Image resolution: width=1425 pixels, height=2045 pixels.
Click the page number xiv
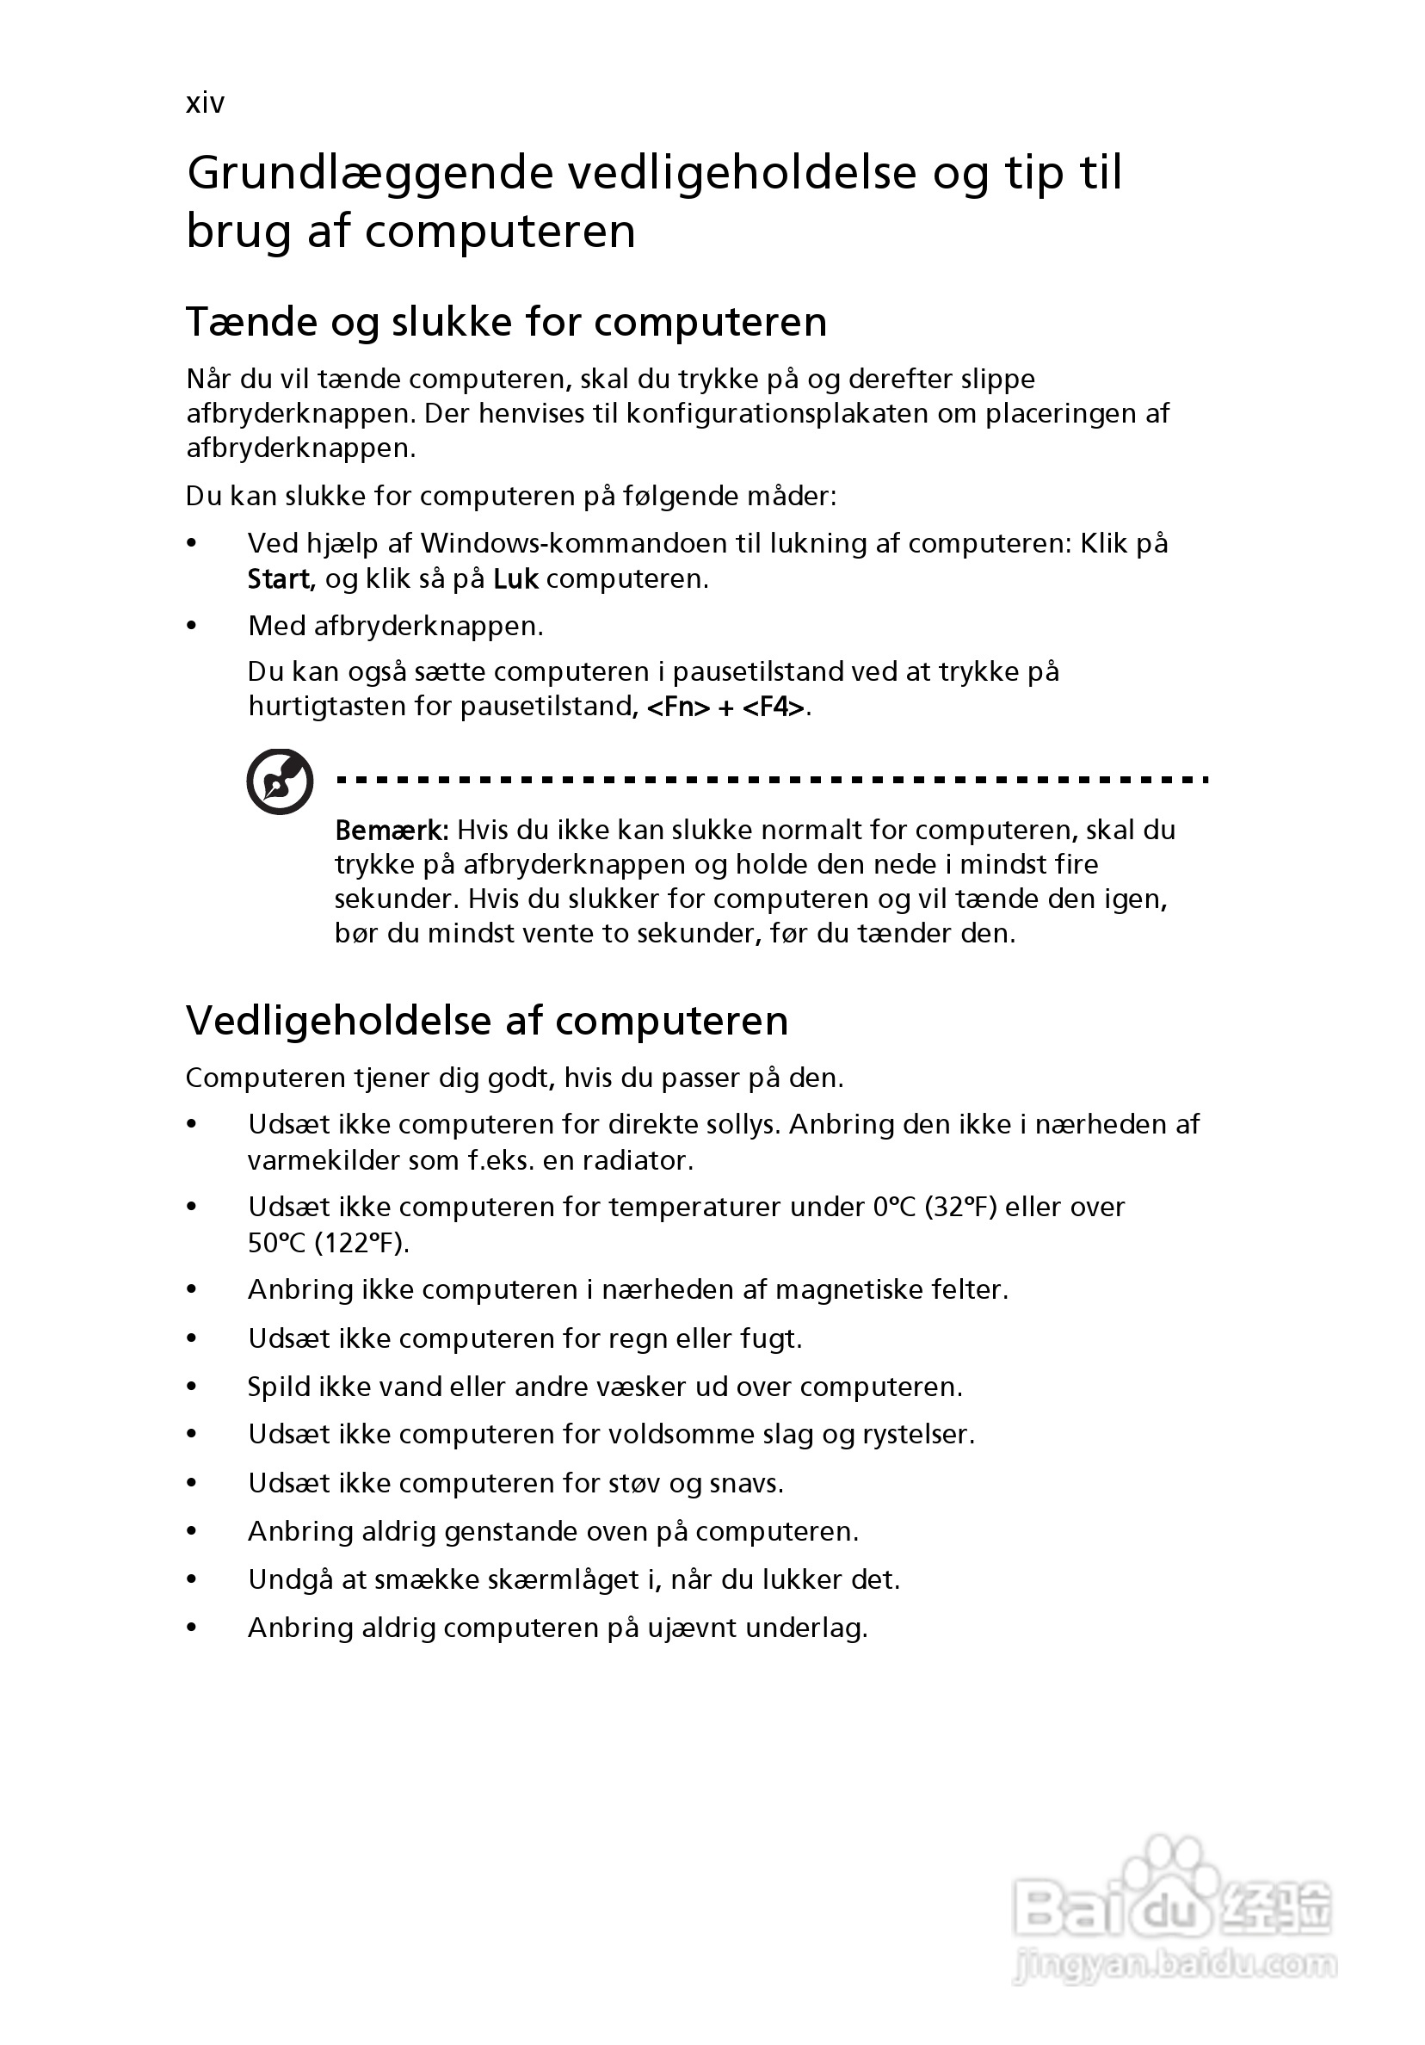coord(205,103)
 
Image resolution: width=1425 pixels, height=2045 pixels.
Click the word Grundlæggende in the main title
coord(370,173)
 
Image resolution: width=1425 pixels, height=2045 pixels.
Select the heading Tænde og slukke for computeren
coord(506,322)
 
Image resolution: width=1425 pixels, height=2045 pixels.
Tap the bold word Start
coord(278,579)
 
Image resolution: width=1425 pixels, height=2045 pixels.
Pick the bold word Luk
coord(515,579)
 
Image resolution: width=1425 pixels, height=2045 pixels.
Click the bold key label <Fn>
coord(678,707)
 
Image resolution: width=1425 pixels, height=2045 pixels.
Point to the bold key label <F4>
coord(773,707)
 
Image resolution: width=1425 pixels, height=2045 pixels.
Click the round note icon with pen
coord(280,782)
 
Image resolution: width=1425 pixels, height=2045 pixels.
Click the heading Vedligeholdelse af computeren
coord(486,1021)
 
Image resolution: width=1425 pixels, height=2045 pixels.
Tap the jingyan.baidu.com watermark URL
coord(1175,1967)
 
